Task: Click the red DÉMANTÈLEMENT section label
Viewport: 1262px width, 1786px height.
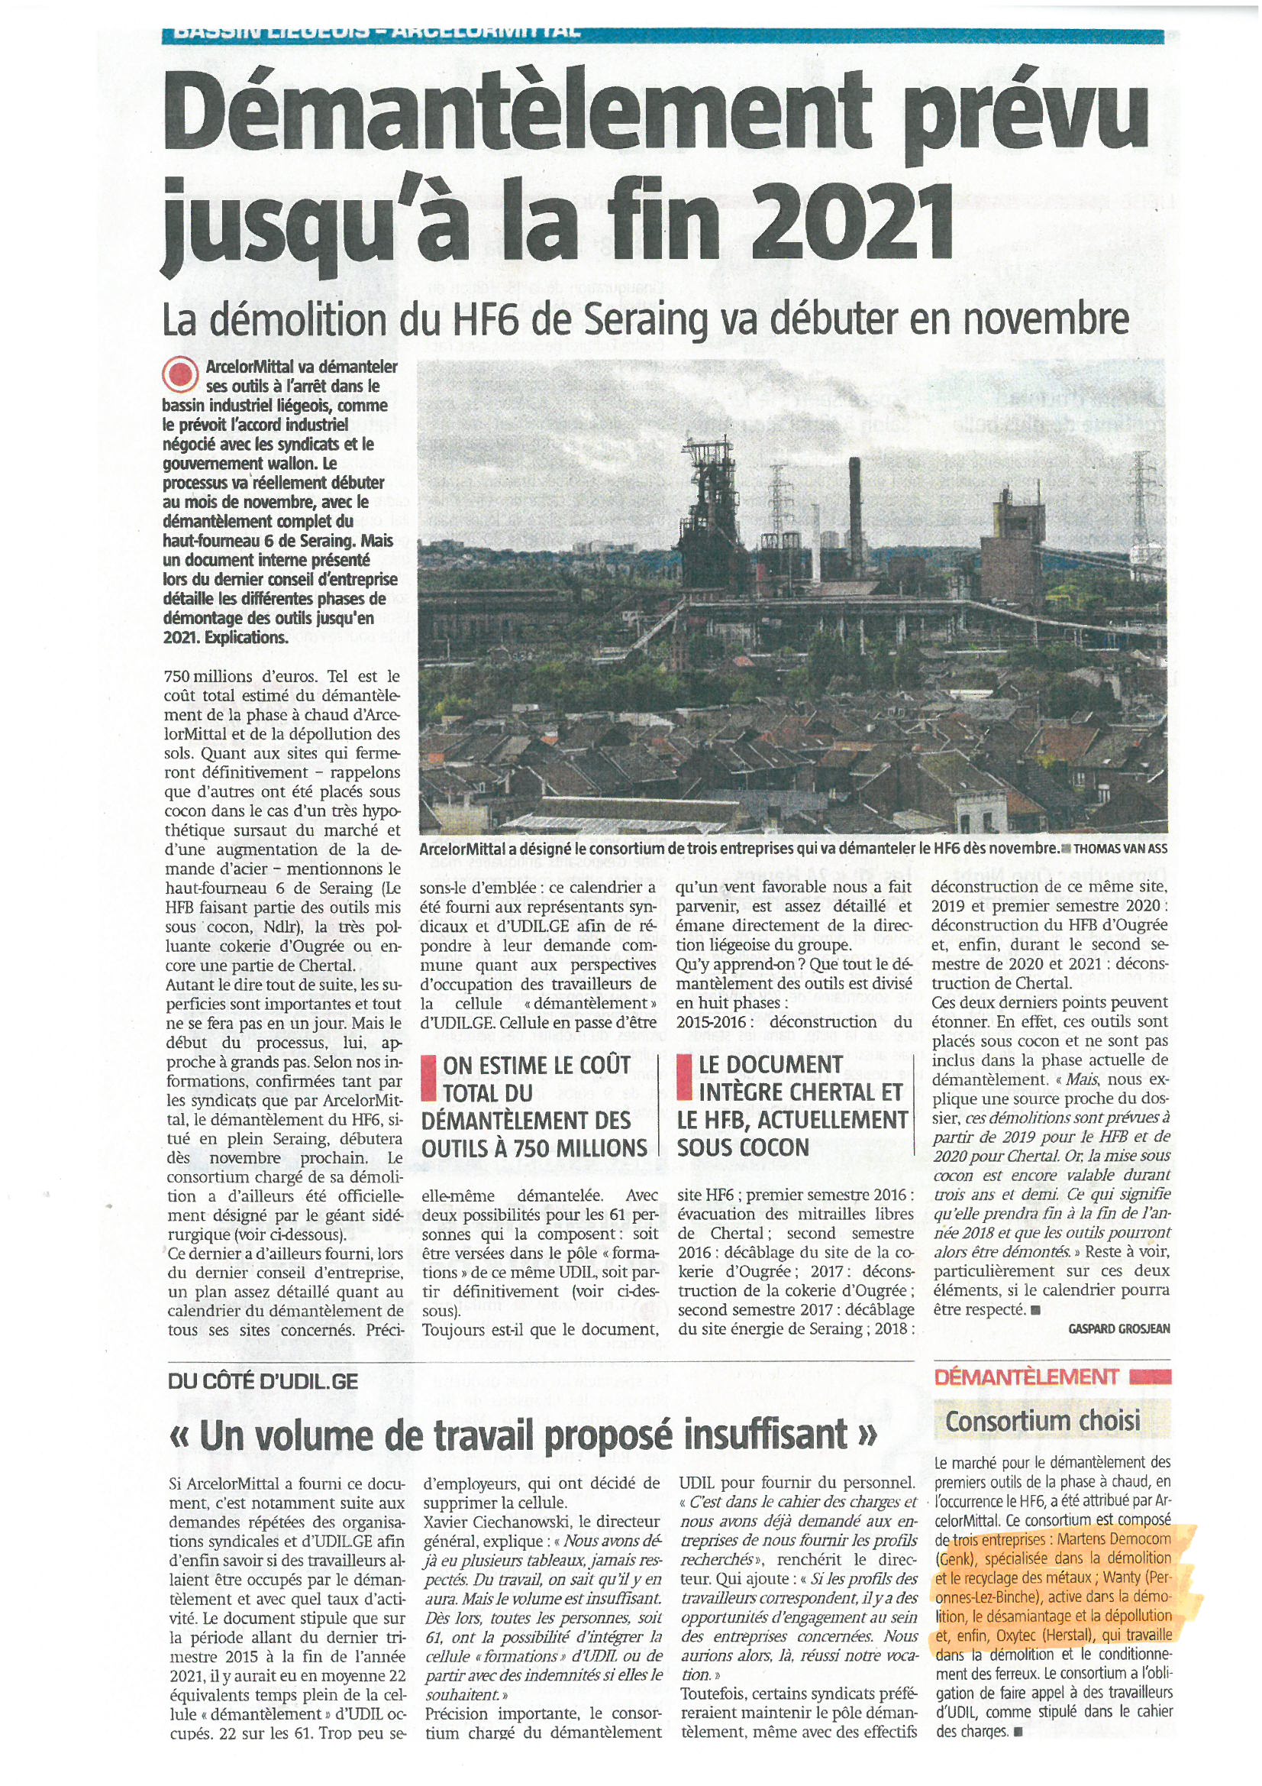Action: [1025, 1377]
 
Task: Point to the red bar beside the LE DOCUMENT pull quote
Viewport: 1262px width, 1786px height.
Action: [683, 1077]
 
